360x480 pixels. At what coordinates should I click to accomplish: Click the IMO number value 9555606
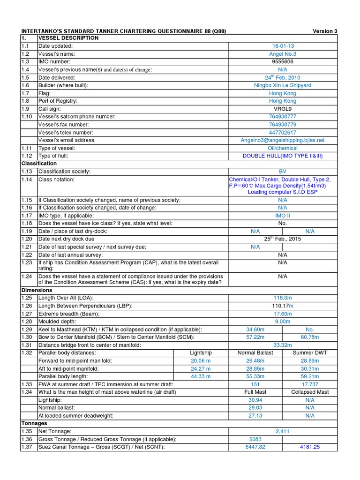(283, 62)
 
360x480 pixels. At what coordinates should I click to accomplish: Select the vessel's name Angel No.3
(283, 54)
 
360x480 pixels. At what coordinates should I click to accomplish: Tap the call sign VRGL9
(283, 109)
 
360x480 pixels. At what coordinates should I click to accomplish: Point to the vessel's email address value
(283, 140)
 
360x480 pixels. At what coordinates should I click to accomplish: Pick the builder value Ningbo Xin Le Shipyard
(283, 85)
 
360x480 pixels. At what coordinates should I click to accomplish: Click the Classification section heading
(39, 164)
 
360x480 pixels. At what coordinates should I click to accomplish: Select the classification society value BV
(283, 172)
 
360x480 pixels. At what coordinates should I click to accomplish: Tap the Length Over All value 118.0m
(283, 298)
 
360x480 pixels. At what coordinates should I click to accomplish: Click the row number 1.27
(27, 314)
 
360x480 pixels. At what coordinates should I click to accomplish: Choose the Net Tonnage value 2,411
(283, 431)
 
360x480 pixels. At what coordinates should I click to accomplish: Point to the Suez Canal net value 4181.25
(310, 447)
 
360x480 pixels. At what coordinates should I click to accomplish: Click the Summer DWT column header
(310, 352)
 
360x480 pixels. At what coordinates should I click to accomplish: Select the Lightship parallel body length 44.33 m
(201, 376)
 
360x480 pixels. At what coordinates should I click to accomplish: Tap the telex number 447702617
(283, 132)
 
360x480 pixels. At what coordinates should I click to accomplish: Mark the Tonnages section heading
(35, 423)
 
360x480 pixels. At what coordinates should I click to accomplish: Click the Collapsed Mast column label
(310, 392)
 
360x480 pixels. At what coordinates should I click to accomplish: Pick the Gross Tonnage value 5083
(255, 439)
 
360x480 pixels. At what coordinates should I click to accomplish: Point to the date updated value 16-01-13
(283, 46)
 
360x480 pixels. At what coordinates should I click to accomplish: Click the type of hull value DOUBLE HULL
(283, 156)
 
